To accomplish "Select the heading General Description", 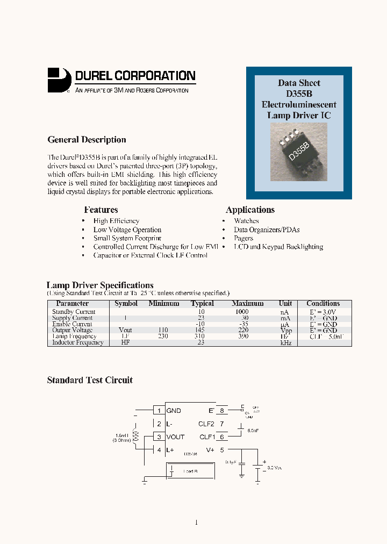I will pos(87,140).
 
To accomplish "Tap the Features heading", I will pos(101,210).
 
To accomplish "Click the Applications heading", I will pos(250,210).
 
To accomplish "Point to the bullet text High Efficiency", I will pos(116,221).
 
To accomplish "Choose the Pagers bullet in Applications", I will pos(243,238).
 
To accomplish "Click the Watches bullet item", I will pos(246,221).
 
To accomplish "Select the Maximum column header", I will pos(248,304).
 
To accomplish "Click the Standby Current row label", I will pos(74,312).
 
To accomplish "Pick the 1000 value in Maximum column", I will pos(242,312).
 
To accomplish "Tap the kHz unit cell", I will pos(285,342).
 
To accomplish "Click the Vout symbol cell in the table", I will pos(125,330).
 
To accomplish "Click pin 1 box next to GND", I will pos(159,411).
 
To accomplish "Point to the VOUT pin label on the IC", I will pos(175,437).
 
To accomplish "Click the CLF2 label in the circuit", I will pos(207,424).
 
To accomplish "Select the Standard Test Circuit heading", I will pos(90,380).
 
